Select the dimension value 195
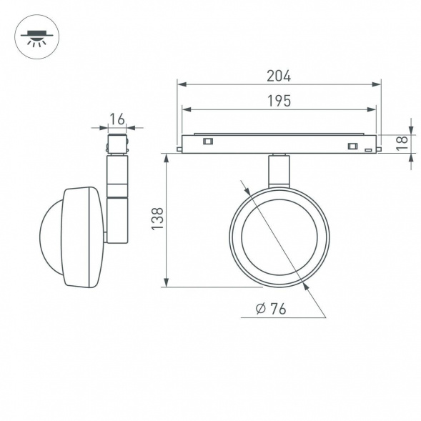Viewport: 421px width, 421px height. click(279, 101)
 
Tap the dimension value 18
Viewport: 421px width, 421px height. click(402, 142)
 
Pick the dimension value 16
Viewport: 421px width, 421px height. click(117, 119)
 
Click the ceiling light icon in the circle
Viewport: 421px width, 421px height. click(37, 36)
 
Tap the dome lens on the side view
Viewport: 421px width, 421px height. click(51, 237)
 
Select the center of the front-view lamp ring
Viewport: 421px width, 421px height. click(279, 237)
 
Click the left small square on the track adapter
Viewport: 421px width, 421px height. click(208, 141)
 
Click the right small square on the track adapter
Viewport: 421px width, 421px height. click(352, 147)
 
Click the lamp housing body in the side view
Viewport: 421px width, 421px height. click(82, 237)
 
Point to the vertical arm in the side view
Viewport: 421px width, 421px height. click(117, 200)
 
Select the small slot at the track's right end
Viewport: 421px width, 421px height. click(368, 150)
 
